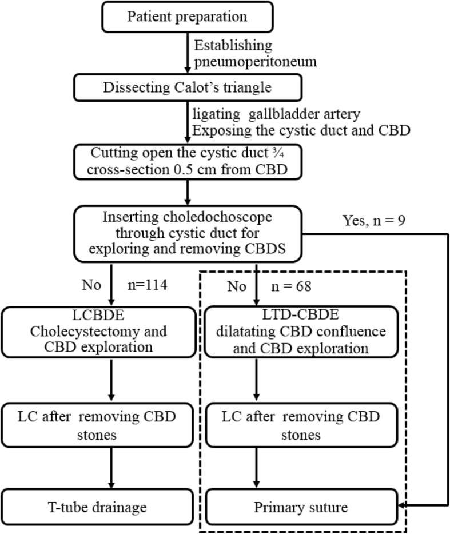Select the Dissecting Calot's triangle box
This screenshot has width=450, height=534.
coord(188,88)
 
